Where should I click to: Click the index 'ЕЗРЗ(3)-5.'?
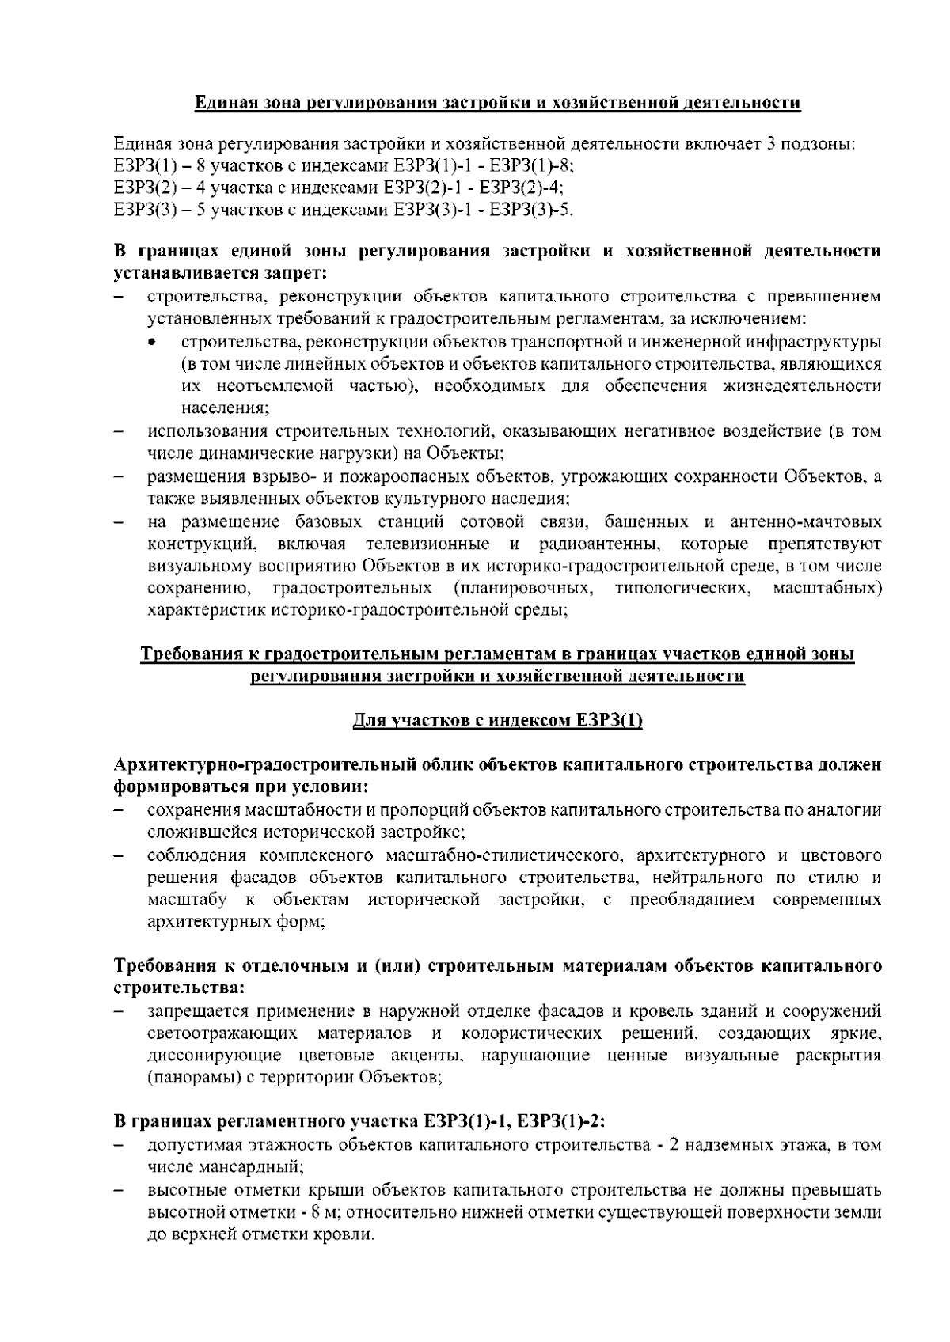point(532,210)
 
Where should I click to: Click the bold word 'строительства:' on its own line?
point(179,988)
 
